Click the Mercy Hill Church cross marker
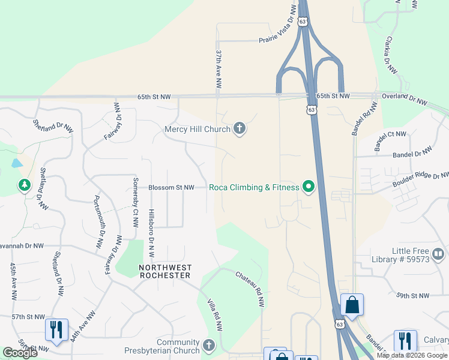(240, 129)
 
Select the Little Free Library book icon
(438, 254)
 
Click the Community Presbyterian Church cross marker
(208, 346)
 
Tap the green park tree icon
(25, 185)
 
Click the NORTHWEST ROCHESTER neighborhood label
(164, 271)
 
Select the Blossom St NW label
(172, 187)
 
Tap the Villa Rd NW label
(215, 315)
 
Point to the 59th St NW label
(413, 296)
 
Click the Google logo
(20, 353)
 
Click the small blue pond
(17, 163)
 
